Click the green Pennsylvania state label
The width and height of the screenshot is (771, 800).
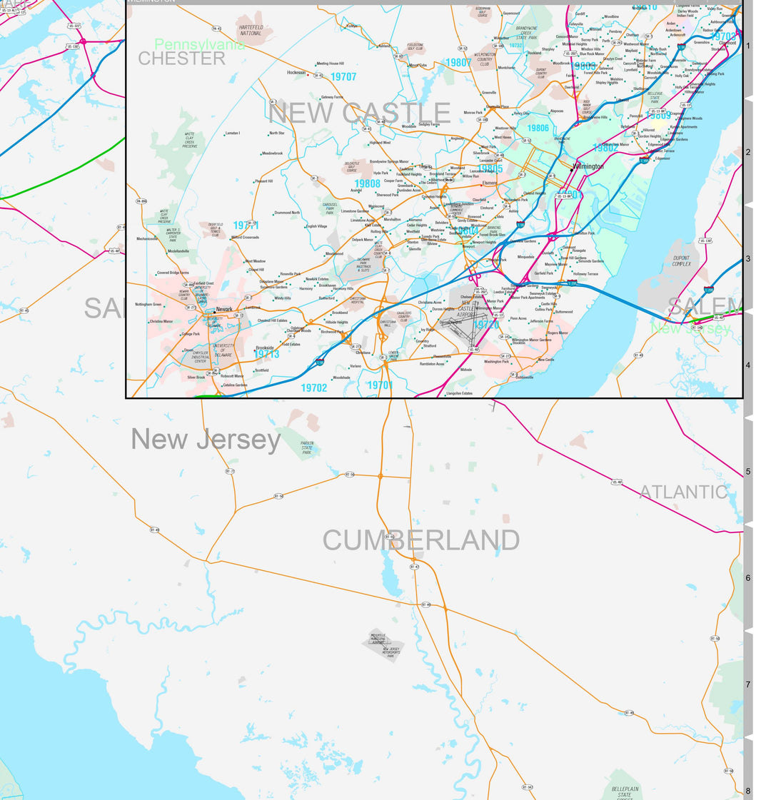pos(199,45)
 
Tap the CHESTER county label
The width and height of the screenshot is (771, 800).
pos(181,59)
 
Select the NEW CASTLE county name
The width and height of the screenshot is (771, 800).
pos(359,113)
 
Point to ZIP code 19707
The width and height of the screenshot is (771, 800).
pos(343,76)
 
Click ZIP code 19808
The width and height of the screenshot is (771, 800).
pos(367,183)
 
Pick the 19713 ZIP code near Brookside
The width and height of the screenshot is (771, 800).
pos(266,354)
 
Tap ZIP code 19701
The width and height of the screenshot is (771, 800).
pos(380,385)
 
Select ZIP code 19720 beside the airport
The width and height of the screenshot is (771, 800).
pos(486,325)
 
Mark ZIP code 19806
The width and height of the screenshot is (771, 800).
pos(538,128)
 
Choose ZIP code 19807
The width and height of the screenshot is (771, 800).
pos(458,63)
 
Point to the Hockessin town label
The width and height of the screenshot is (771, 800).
pos(296,72)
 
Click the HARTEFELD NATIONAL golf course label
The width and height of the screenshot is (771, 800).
pos(251,30)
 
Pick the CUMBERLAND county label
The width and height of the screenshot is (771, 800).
pos(421,540)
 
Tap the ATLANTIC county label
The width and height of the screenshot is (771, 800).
pos(683,492)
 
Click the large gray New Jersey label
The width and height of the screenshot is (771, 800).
pos(206,440)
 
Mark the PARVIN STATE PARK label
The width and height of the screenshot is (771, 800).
pos(307,447)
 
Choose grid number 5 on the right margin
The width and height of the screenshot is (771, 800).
pos(747,472)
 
